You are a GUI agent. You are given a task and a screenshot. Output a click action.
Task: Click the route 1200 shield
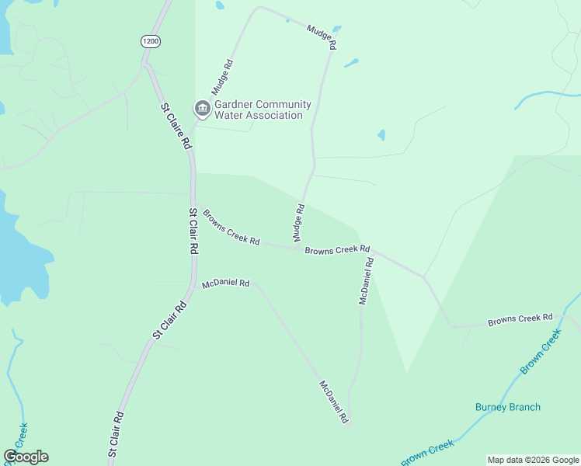click(151, 41)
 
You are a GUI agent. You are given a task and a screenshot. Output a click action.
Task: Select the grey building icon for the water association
click(203, 109)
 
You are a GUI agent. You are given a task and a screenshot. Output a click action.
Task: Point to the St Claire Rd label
click(176, 126)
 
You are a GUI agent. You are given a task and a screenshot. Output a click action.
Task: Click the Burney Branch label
click(508, 407)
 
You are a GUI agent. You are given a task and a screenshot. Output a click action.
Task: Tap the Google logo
click(26, 457)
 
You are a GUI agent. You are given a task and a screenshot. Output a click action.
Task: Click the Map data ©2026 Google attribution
click(532, 460)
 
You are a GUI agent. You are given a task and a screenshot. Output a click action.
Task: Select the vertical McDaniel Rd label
click(367, 280)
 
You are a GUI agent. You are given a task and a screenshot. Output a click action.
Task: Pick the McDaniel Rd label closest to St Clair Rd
click(225, 284)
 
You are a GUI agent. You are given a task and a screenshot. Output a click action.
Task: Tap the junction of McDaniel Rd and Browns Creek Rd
click(371, 251)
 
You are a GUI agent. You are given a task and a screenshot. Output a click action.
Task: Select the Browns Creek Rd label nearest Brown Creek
click(520, 319)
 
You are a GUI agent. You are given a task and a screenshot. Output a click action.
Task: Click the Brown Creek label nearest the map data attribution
click(427, 454)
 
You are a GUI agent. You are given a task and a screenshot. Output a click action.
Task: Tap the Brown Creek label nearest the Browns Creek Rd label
click(541, 351)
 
